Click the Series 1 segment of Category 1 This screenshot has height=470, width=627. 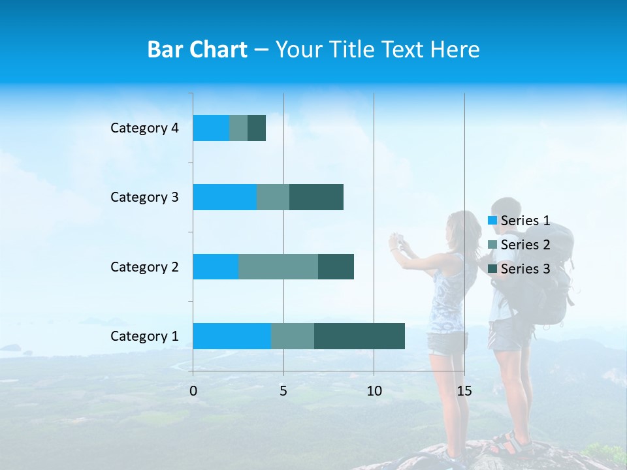click(x=232, y=336)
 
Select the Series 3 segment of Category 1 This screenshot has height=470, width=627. click(x=359, y=336)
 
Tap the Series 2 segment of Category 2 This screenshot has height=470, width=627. click(x=278, y=266)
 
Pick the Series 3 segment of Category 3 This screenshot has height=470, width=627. click(x=316, y=197)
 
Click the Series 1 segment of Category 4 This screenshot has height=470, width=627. click(x=211, y=128)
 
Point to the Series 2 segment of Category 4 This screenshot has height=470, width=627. click(x=238, y=128)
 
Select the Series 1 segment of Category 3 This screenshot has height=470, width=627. click(x=225, y=197)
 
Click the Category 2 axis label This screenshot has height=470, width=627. click(x=144, y=266)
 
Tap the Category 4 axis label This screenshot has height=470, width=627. click(x=144, y=128)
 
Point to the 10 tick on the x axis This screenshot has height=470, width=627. click(x=374, y=391)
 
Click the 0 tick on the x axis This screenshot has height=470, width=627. click(x=193, y=391)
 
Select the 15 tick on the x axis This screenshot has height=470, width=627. click(x=464, y=391)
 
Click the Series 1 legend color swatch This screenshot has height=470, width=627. click(x=492, y=221)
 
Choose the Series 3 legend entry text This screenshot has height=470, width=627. click(x=525, y=269)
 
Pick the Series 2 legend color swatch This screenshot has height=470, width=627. click(x=492, y=245)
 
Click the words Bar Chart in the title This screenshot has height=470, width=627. click(x=197, y=50)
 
